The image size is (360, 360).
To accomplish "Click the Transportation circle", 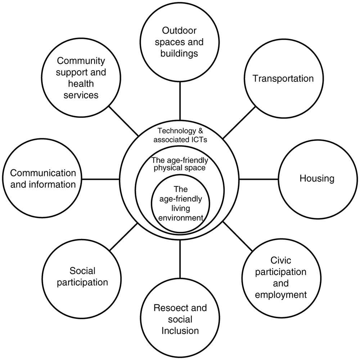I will [x=283, y=79].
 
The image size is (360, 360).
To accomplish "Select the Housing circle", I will [x=317, y=178].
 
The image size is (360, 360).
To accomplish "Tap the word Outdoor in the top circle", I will [x=179, y=30].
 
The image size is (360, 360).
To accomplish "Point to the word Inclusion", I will [x=180, y=330].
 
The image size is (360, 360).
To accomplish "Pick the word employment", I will [x=281, y=295].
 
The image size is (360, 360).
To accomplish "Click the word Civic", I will [x=280, y=260].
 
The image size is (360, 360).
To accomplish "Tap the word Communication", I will [x=43, y=173].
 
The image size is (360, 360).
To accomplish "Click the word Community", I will [x=81, y=61].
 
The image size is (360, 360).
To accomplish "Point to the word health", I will [x=81, y=84].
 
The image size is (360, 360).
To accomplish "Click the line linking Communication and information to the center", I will [x=100, y=179].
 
